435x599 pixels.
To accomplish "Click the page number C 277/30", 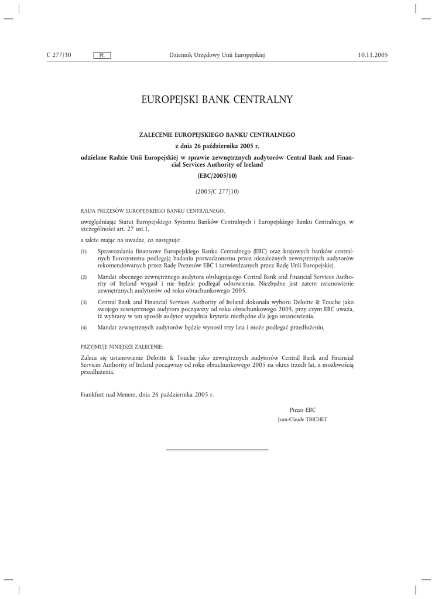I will pos(59,55).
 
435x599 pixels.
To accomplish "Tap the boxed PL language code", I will pos(102,56).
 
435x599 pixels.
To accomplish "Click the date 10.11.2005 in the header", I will pos(372,55).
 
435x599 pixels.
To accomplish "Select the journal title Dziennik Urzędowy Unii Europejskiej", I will pos(217,55).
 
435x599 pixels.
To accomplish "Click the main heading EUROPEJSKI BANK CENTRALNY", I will pos(217,100).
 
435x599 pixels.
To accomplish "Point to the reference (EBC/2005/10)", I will pos(217,175).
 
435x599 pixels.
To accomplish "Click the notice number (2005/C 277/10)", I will pos(217,191).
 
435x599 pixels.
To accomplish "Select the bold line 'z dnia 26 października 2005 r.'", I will pos(217,146).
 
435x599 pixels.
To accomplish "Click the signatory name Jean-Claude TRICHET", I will pos(302,420).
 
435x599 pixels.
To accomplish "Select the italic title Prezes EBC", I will pos(302,410).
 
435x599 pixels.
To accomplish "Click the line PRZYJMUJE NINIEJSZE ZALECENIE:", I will pos(121,347).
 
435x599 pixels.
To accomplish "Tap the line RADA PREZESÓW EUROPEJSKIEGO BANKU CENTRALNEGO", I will pos(152,209).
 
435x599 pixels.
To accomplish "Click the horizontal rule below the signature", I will pos(217,449).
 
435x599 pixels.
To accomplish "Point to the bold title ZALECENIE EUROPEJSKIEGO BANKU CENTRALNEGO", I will pos(217,135).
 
